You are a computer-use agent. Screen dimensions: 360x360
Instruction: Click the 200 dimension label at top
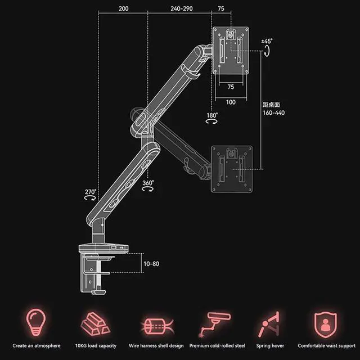(123, 10)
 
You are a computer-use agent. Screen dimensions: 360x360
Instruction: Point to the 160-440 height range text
(274, 112)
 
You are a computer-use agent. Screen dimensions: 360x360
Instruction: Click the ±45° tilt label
(267, 41)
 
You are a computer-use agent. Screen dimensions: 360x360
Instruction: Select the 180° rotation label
(212, 115)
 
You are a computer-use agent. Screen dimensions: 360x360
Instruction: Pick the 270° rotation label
(91, 192)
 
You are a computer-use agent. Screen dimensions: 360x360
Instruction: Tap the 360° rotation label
(148, 183)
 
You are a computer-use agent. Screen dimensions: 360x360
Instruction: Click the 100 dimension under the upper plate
(231, 102)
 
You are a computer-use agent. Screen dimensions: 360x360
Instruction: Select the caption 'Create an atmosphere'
(37, 346)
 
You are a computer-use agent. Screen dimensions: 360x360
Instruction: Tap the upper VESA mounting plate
(231, 52)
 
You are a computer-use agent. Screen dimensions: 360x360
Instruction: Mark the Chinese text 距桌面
(272, 104)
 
